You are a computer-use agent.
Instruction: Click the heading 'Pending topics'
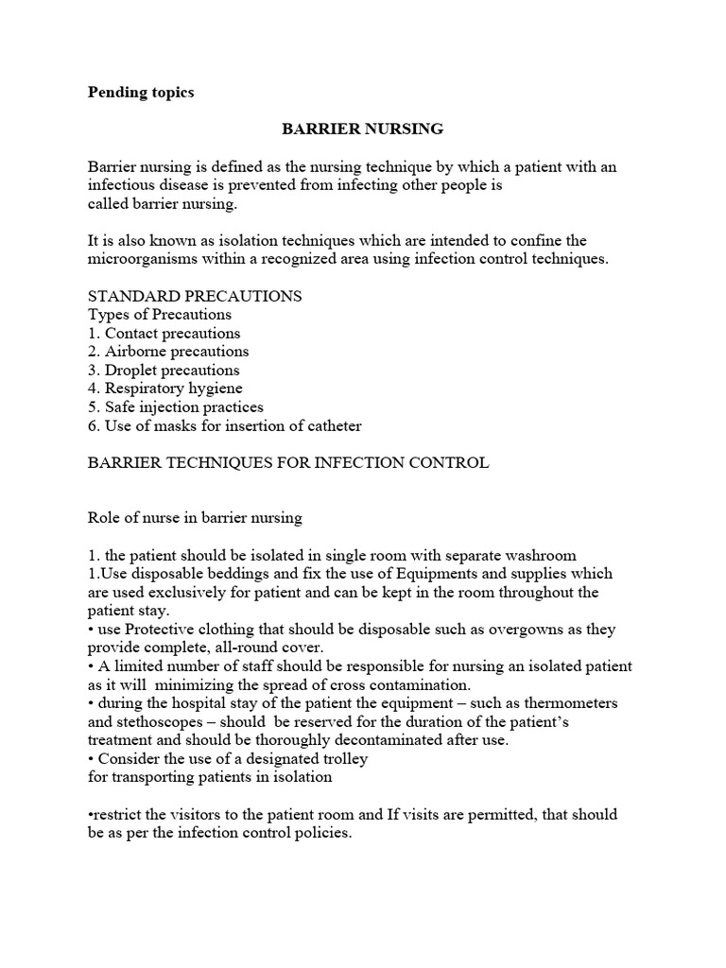pyautogui.click(x=141, y=93)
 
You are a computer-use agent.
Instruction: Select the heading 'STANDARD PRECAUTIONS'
pyautogui.click(x=195, y=296)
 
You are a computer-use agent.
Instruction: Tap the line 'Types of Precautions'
pyautogui.click(x=160, y=315)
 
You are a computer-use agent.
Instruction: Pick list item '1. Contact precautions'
pyautogui.click(x=164, y=333)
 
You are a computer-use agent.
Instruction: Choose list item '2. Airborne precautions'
pyautogui.click(x=168, y=352)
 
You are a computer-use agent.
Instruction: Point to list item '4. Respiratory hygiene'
pyautogui.click(x=165, y=389)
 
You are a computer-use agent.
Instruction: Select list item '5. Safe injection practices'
pyautogui.click(x=176, y=406)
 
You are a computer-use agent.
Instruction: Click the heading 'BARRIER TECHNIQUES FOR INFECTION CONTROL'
pyautogui.click(x=288, y=462)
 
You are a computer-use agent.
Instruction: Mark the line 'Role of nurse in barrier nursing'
pyautogui.click(x=195, y=517)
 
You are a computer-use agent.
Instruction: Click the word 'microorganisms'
pyautogui.click(x=141, y=259)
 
